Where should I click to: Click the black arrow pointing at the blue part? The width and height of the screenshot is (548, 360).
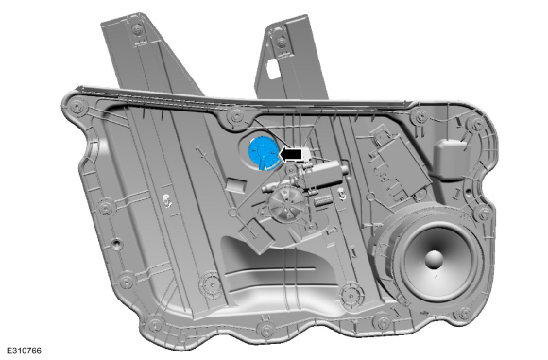click(291, 154)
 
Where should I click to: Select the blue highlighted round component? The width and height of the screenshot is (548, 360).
click(263, 153)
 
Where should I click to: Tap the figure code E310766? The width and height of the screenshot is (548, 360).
click(25, 351)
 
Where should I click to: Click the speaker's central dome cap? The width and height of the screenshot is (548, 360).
click(434, 259)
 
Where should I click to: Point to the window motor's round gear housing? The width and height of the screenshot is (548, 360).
click(286, 204)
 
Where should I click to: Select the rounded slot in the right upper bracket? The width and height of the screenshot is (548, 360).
click(272, 69)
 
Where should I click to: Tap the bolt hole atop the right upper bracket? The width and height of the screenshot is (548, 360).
click(281, 43)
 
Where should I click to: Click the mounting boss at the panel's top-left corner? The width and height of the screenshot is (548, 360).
click(77, 106)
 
